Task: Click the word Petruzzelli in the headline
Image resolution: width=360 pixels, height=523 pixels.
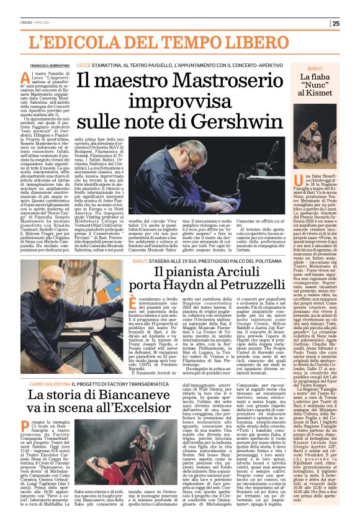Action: pos(231,289)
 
